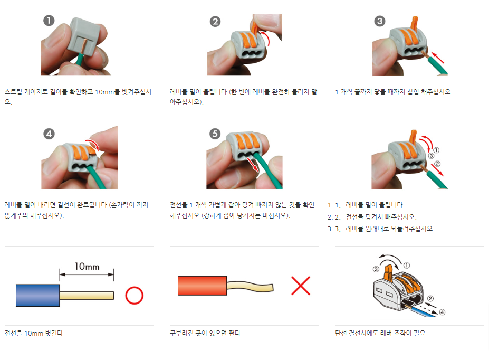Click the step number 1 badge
[x=49, y=21]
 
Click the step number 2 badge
[x=215, y=21]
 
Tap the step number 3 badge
[x=380, y=21]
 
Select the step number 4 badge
[x=49, y=134]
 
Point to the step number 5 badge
[x=215, y=134]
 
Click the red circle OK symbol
[x=134, y=295]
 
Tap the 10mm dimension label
[x=87, y=266]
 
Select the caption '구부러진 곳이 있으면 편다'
[x=205, y=333]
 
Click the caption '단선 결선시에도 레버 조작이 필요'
[x=380, y=333]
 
